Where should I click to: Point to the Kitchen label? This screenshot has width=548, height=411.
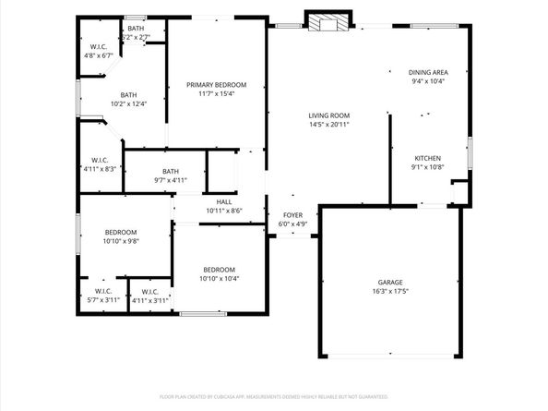pyautogui.click(x=426, y=158)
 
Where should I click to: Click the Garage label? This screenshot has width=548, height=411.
pyautogui.click(x=390, y=282)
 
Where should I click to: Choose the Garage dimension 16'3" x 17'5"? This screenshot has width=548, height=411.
pyautogui.click(x=390, y=291)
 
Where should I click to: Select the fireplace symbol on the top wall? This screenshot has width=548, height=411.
pyautogui.click(x=328, y=21)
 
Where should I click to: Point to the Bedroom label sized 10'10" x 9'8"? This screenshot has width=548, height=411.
pyautogui.click(x=120, y=232)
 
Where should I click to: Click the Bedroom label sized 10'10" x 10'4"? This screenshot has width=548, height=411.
pyautogui.click(x=219, y=269)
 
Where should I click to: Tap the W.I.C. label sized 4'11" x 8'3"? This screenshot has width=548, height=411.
pyautogui.click(x=101, y=160)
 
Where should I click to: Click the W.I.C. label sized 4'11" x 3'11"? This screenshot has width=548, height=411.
pyautogui.click(x=149, y=291)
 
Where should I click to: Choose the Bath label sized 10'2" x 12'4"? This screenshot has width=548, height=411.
pyautogui.click(x=128, y=94)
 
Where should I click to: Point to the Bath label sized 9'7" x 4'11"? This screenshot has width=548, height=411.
pyautogui.click(x=171, y=171)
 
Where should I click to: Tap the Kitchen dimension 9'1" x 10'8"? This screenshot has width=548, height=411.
pyautogui.click(x=426, y=167)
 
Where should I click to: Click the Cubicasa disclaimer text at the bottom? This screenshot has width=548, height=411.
pyautogui.click(x=274, y=396)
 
